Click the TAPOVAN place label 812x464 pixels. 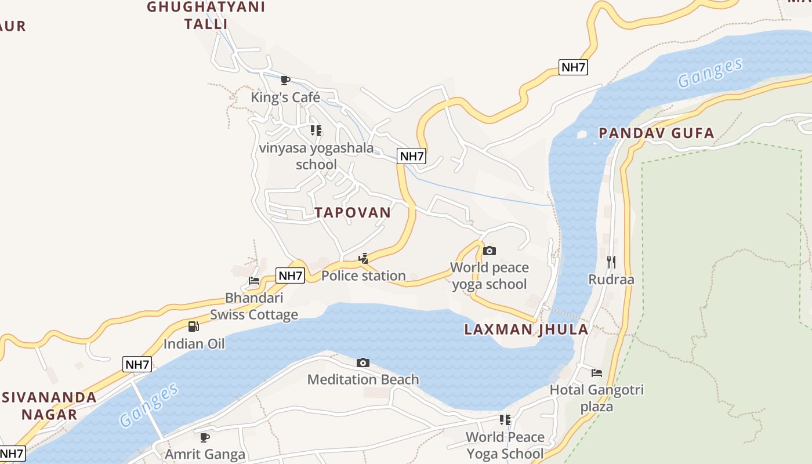pyautogui.click(x=353, y=212)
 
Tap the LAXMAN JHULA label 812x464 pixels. pyautogui.click(x=526, y=330)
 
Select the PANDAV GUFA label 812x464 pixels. pyautogui.click(x=656, y=133)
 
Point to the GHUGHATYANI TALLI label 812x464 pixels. pyautogui.click(x=206, y=15)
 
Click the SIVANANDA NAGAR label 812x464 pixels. pyautogui.click(x=49, y=405)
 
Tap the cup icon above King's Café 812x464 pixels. pyautogui.click(x=285, y=80)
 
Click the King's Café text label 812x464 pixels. pyautogui.click(x=285, y=97)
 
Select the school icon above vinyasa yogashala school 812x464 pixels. pyautogui.click(x=316, y=130)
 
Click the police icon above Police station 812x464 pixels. pyautogui.click(x=364, y=259)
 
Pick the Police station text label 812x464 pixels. pyautogui.click(x=364, y=275)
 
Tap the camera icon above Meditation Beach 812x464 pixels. pyautogui.click(x=363, y=363)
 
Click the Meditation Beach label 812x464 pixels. pyautogui.click(x=363, y=379)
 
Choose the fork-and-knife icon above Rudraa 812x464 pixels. pyautogui.click(x=611, y=262)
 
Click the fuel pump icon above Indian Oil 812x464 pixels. pyautogui.click(x=194, y=327)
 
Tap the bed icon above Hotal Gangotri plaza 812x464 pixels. pyautogui.click(x=597, y=373)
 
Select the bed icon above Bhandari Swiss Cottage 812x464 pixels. pyautogui.click(x=254, y=281)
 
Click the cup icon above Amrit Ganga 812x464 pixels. pyautogui.click(x=204, y=437)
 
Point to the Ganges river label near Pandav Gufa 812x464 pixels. pyautogui.click(x=710, y=73)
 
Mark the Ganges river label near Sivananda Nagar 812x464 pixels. pyautogui.click(x=150, y=404)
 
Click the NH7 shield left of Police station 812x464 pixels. pyautogui.click(x=290, y=275)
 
